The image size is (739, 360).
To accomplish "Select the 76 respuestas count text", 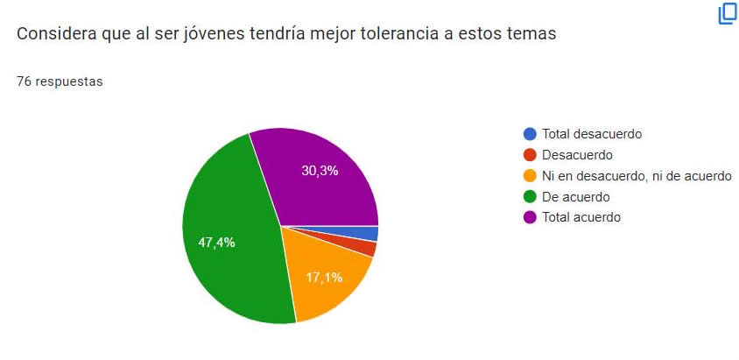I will [60, 81].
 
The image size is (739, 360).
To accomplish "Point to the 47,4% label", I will [215, 243].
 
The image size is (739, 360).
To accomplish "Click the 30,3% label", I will [320, 171].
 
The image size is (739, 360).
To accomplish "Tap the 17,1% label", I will [323, 278].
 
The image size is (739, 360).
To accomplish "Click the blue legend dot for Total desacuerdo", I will [530, 134].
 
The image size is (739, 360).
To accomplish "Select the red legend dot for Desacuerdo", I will [530, 155].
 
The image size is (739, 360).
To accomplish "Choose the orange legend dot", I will [530, 176].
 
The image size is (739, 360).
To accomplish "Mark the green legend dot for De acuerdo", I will [530, 197].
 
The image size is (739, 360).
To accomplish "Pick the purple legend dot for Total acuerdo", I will [530, 217].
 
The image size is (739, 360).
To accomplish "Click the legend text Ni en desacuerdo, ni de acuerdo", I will [637, 176].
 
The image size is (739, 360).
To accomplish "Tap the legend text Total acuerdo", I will [581, 217].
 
